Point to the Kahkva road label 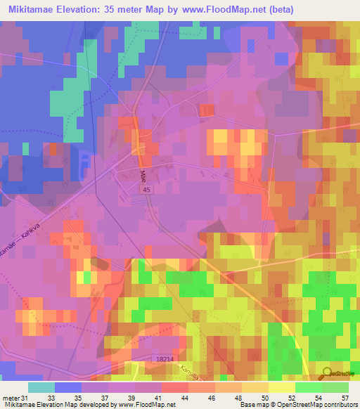[x=33, y=239]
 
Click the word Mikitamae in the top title [x=40, y=9]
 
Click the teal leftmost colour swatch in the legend [x=41, y=387]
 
